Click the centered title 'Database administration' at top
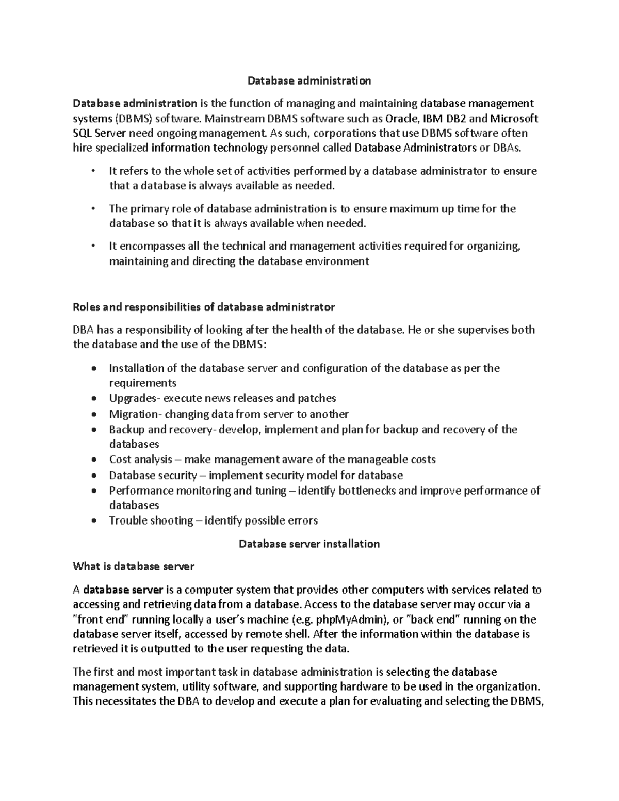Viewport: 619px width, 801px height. (x=309, y=81)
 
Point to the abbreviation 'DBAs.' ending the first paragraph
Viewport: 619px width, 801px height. (x=508, y=149)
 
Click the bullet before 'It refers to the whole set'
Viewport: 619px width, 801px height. (x=93, y=171)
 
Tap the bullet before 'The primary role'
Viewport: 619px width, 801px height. (x=93, y=209)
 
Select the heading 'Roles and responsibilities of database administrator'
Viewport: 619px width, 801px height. (x=204, y=307)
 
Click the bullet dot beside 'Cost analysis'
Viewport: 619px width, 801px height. (x=93, y=460)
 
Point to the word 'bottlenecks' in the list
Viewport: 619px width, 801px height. (x=367, y=491)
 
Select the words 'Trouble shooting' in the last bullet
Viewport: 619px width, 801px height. (x=151, y=520)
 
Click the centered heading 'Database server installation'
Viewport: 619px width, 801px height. (x=309, y=544)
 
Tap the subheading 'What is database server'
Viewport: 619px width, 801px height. (x=134, y=566)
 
